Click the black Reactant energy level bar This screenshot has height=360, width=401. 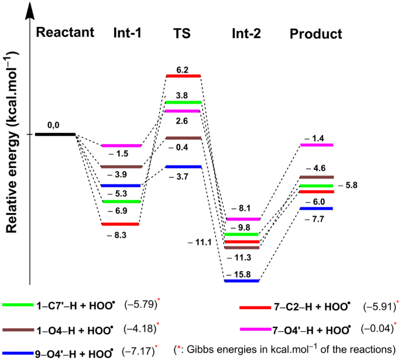pos(55,134)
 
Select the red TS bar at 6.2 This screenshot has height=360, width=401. pos(183,76)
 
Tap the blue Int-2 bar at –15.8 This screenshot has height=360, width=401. pos(242,281)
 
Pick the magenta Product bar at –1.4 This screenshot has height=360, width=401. pos(317,145)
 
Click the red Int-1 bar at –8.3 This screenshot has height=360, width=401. pos(120,224)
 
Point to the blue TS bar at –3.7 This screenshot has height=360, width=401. pos(183,167)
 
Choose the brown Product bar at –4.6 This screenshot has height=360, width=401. pos(317,177)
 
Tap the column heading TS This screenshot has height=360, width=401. pos(183,34)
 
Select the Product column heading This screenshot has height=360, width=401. pos(316,34)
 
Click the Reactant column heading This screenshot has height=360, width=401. pos(65,32)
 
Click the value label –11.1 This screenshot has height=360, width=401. pos(200,241)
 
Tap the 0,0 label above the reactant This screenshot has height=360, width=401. pos(55,125)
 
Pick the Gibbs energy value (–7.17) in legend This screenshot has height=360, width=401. pos(138,352)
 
